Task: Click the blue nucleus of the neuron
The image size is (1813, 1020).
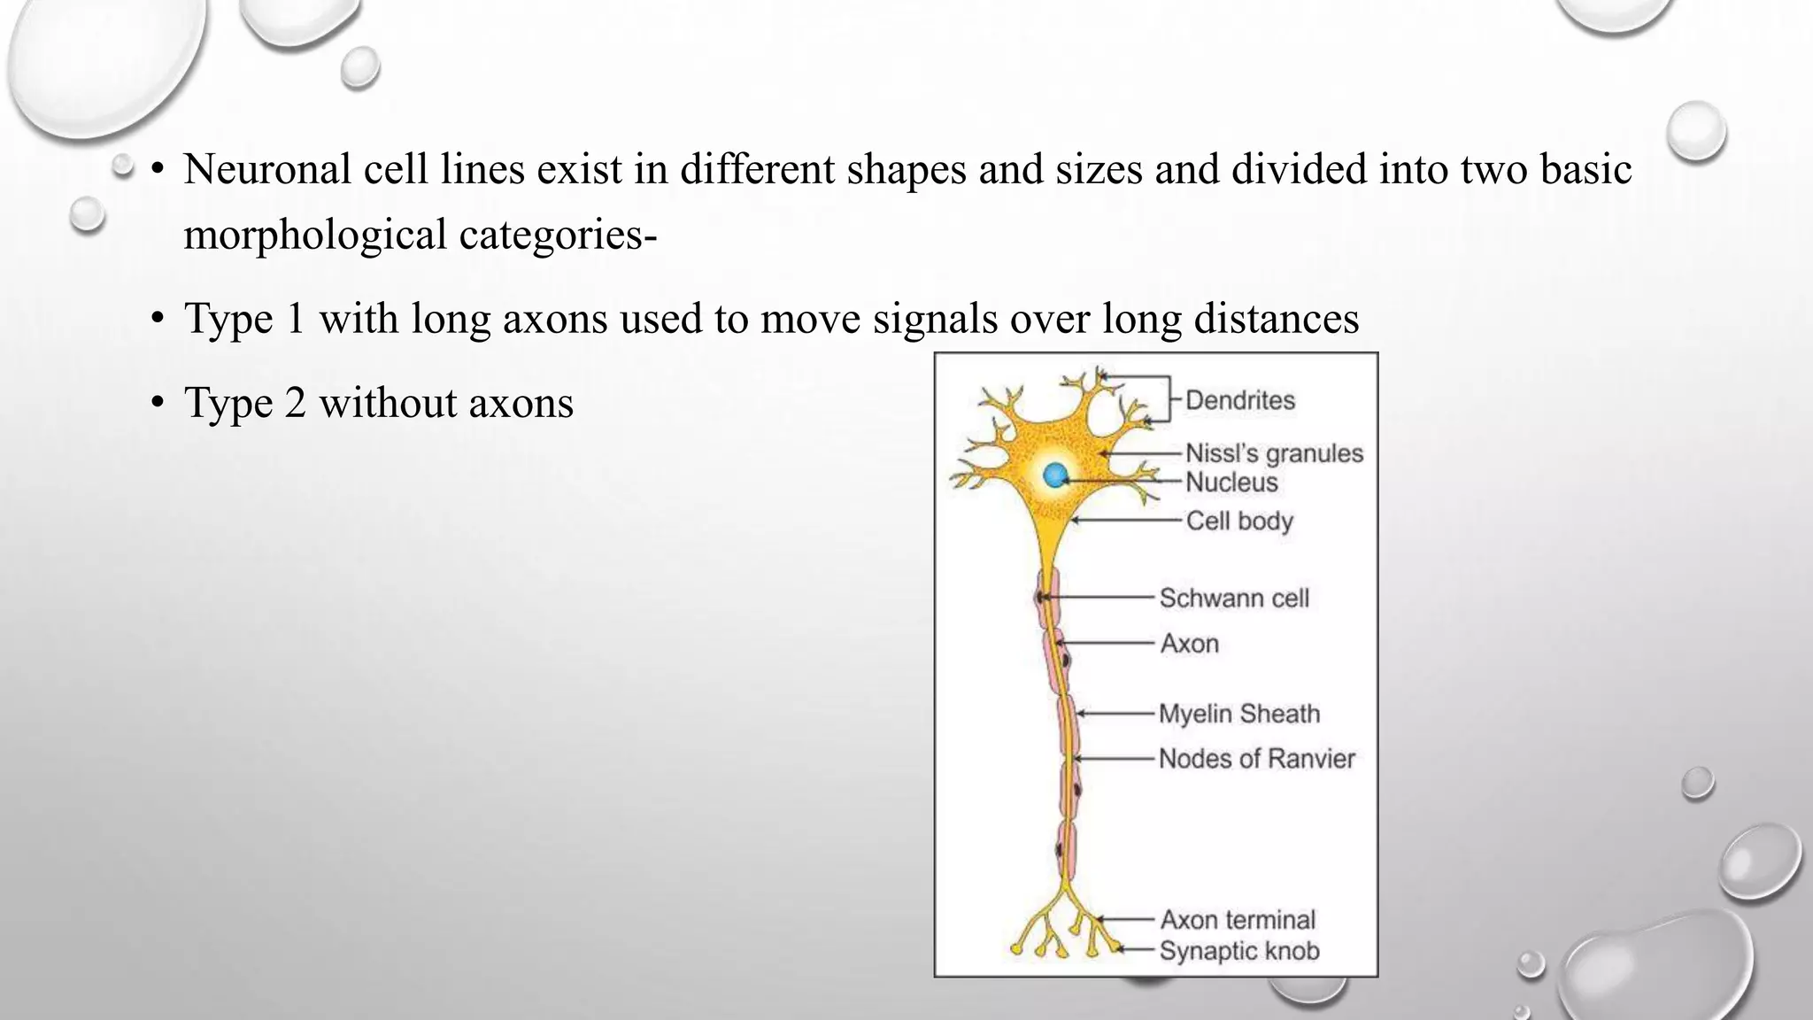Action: pyautogui.click(x=1055, y=475)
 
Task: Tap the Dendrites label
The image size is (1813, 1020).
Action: pyautogui.click(x=1239, y=400)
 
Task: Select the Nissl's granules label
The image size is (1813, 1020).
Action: pyautogui.click(x=1274, y=453)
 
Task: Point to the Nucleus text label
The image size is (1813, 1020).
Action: pyautogui.click(x=1231, y=483)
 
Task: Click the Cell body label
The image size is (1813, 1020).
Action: pyautogui.click(x=1239, y=521)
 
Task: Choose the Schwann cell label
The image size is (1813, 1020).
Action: pyautogui.click(x=1234, y=599)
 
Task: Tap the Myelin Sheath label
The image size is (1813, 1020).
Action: pyautogui.click(x=1239, y=714)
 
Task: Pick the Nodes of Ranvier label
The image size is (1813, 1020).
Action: pyautogui.click(x=1256, y=759)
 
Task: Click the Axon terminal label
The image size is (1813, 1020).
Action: pyautogui.click(x=1238, y=920)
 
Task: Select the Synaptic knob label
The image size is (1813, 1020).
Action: pyautogui.click(x=1239, y=951)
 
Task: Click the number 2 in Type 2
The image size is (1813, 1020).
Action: pyautogui.click(x=296, y=403)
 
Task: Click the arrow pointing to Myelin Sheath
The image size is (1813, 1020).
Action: pyautogui.click(x=1117, y=714)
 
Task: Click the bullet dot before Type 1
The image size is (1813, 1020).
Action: pyautogui.click(x=158, y=318)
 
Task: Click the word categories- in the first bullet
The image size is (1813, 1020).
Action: pyautogui.click(x=558, y=236)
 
